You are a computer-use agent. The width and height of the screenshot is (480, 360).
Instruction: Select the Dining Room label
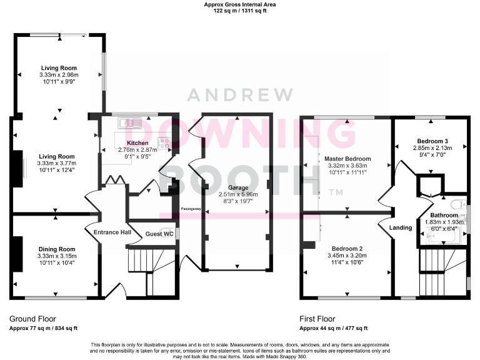[56, 249]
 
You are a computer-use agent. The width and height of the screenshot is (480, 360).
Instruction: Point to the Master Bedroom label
[348, 159]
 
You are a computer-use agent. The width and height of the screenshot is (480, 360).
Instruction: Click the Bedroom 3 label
[431, 141]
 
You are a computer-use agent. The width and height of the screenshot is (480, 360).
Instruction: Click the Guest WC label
[159, 234]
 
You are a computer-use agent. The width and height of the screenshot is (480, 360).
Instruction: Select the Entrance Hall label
[112, 232]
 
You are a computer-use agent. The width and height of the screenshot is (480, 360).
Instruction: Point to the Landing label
[401, 227]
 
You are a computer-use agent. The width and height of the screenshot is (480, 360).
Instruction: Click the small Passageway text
[190, 209]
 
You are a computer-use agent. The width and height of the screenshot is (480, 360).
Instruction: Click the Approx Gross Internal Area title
[240, 4]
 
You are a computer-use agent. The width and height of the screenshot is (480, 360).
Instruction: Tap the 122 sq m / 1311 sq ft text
[240, 11]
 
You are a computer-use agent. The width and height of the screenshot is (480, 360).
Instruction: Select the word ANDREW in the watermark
[241, 96]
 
